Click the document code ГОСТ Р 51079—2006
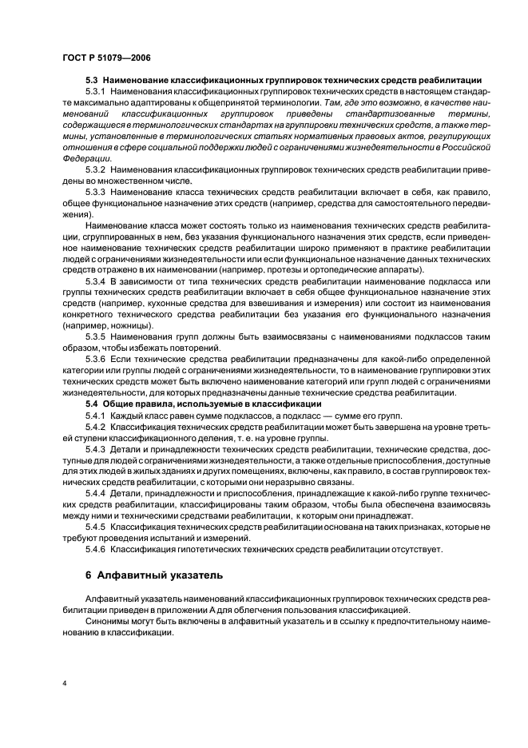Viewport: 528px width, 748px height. click(105, 58)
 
